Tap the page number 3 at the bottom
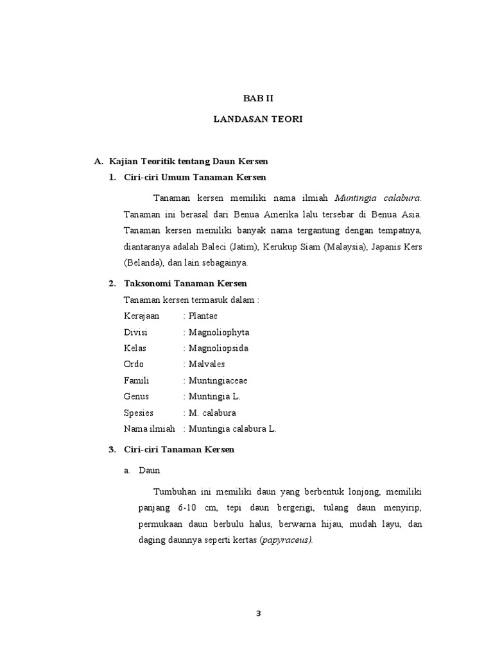[258, 613]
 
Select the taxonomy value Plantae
[203, 316]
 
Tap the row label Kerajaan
[141, 316]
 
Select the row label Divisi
[135, 332]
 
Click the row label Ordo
[134, 364]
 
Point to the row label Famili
[136, 380]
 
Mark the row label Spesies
[139, 413]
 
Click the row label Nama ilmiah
[149, 429]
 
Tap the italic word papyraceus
[285, 540]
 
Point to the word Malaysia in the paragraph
[341, 247]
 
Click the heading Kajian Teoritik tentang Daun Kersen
[189, 161]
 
